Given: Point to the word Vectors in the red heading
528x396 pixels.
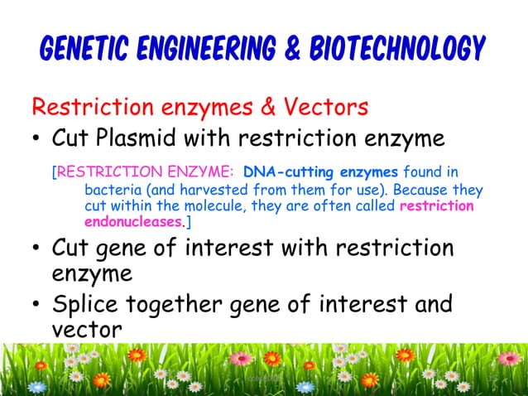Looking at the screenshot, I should point(320,108).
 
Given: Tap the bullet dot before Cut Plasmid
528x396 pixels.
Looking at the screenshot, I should point(37,138).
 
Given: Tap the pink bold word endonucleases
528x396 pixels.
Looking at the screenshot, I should point(132,223).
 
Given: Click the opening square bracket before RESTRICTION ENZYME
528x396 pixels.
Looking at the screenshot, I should point(54,173).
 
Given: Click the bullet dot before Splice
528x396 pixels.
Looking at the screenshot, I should point(37,306).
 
